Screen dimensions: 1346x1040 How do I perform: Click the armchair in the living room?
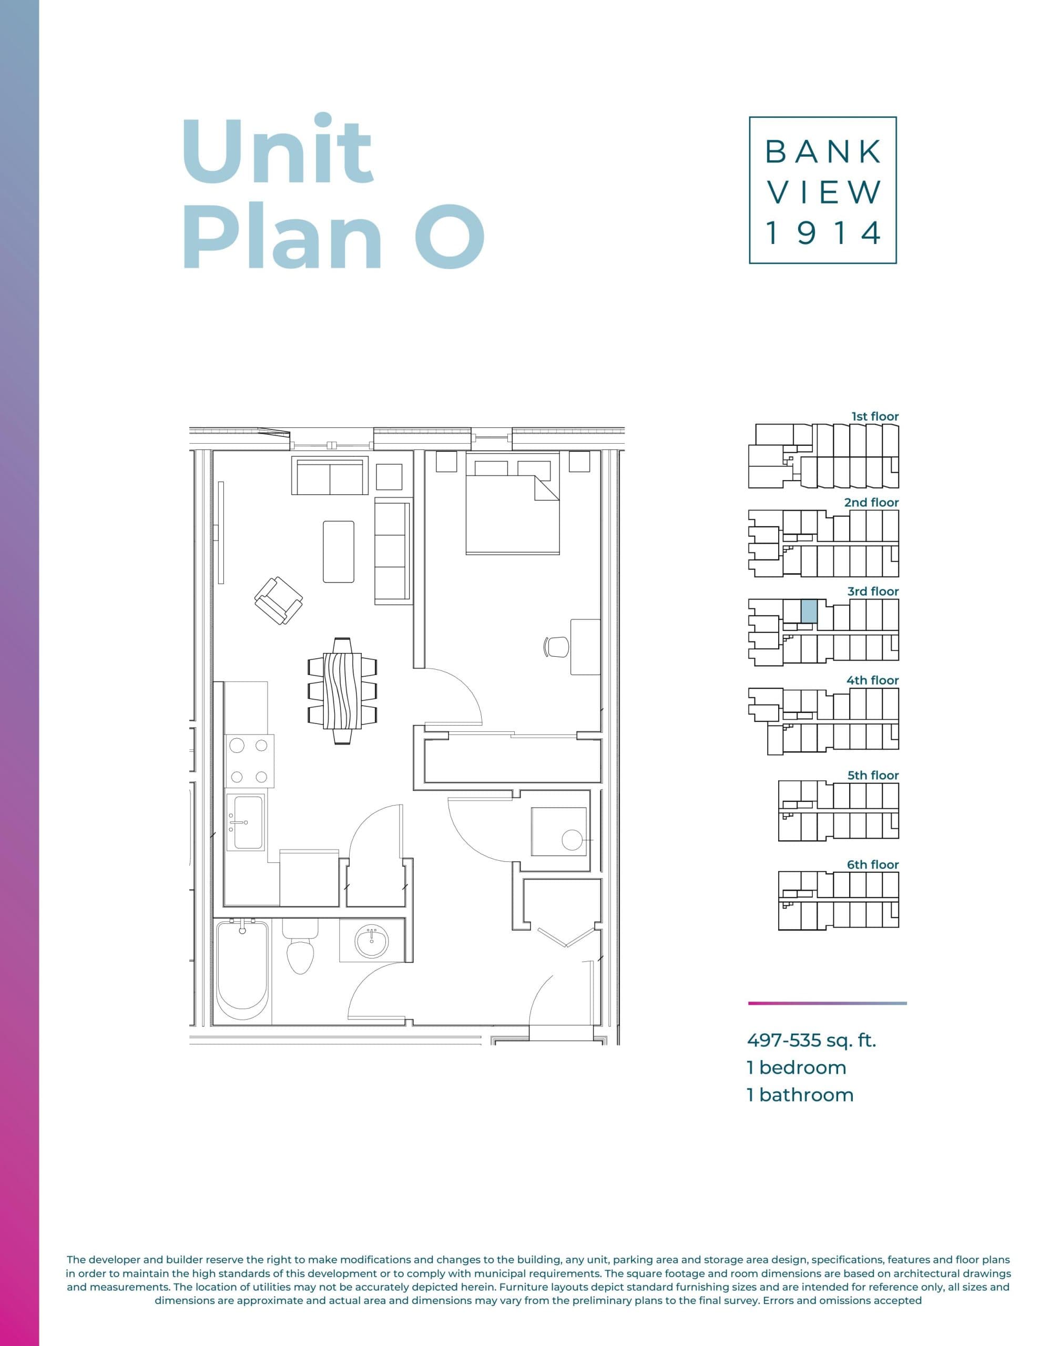[279, 600]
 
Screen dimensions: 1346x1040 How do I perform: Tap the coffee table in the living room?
[339, 551]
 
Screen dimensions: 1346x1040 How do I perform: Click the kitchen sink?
[246, 821]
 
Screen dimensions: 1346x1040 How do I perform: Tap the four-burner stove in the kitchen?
[249, 760]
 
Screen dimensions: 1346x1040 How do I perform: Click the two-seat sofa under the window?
[329, 476]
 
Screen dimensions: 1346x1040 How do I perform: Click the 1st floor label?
[875, 416]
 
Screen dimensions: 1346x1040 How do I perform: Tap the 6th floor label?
[872, 865]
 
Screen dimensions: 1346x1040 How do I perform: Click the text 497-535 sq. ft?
[811, 1041]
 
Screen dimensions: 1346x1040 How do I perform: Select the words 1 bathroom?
[800, 1095]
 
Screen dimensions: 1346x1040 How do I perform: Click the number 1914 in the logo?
[822, 233]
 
